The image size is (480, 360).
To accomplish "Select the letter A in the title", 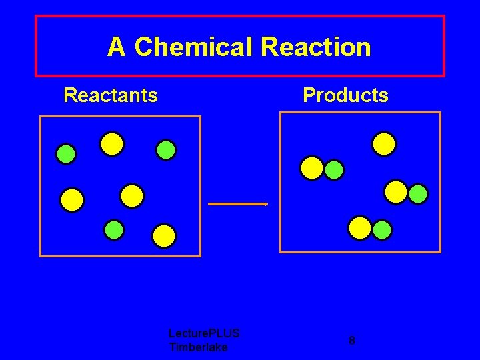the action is click(116, 47).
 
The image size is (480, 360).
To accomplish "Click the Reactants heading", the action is click(111, 95).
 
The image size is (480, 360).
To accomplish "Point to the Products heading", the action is click(345, 95).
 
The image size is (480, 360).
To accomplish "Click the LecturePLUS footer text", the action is click(204, 333).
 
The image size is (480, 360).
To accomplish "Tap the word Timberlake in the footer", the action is click(199, 347).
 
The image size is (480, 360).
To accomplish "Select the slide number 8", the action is click(352, 341).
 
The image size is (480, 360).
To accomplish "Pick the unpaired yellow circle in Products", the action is click(384, 144).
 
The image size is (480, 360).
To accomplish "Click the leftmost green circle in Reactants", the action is click(66, 155).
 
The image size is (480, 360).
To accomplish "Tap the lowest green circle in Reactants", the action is click(114, 229).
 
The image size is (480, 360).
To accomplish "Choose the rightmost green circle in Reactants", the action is click(166, 150).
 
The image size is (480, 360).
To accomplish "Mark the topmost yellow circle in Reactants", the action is click(112, 143).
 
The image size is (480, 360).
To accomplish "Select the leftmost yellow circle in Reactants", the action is click(72, 199).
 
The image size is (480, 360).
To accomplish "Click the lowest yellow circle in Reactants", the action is click(164, 235).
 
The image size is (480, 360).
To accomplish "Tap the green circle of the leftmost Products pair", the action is click(334, 170).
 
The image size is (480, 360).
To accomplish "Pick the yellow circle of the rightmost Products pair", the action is click(396, 192).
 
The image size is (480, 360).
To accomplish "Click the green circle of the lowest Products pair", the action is click(382, 230).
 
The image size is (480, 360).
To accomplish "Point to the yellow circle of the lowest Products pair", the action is click(360, 228).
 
